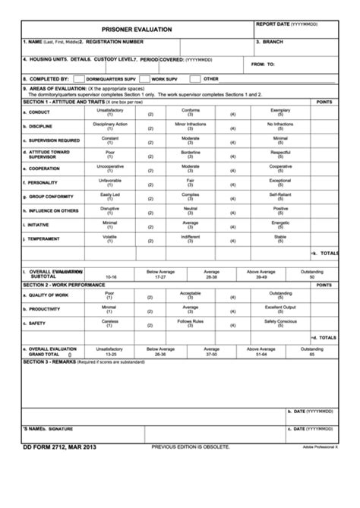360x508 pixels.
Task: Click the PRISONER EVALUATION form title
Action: pyautogui.click(x=136, y=29)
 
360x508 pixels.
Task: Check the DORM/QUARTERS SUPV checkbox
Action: pyautogui.click(x=79, y=78)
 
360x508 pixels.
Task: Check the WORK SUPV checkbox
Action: pyautogui.click(x=145, y=78)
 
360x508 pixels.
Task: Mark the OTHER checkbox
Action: pyautogui.click(x=195, y=78)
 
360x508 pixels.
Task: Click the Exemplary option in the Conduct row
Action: pyautogui.click(x=280, y=112)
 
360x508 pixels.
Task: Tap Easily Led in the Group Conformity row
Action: pyautogui.click(x=110, y=196)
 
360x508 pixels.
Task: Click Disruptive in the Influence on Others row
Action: pyautogui.click(x=110, y=210)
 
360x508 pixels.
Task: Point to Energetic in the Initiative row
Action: pyautogui.click(x=280, y=224)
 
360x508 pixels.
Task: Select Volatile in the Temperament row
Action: pyautogui.click(x=110, y=238)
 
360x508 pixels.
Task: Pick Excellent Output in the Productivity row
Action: pyautogui.click(x=280, y=308)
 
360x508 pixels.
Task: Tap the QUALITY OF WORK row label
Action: pyautogui.click(x=48, y=295)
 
